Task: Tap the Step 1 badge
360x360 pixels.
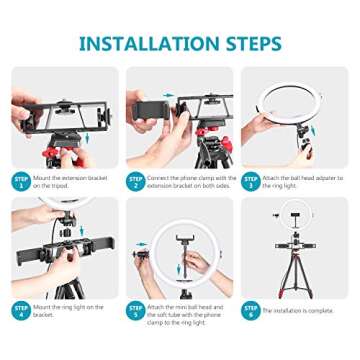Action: (x=22, y=181)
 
